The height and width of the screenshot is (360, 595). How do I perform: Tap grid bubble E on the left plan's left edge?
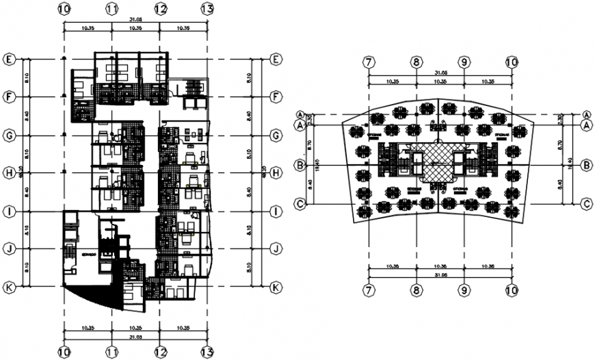click(9, 60)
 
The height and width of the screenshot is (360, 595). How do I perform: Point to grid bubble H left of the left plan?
click(9, 173)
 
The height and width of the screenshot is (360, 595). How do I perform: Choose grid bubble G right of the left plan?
click(276, 136)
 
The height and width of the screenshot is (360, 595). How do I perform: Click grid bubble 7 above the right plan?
click(369, 62)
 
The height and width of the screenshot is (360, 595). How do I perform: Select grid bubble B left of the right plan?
click(299, 165)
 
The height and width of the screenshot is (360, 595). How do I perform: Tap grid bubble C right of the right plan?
click(586, 203)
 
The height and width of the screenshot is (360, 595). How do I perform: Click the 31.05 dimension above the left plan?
click(135, 21)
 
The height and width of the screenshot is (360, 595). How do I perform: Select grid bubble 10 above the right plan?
click(512, 62)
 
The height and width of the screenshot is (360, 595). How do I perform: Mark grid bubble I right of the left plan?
click(276, 211)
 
